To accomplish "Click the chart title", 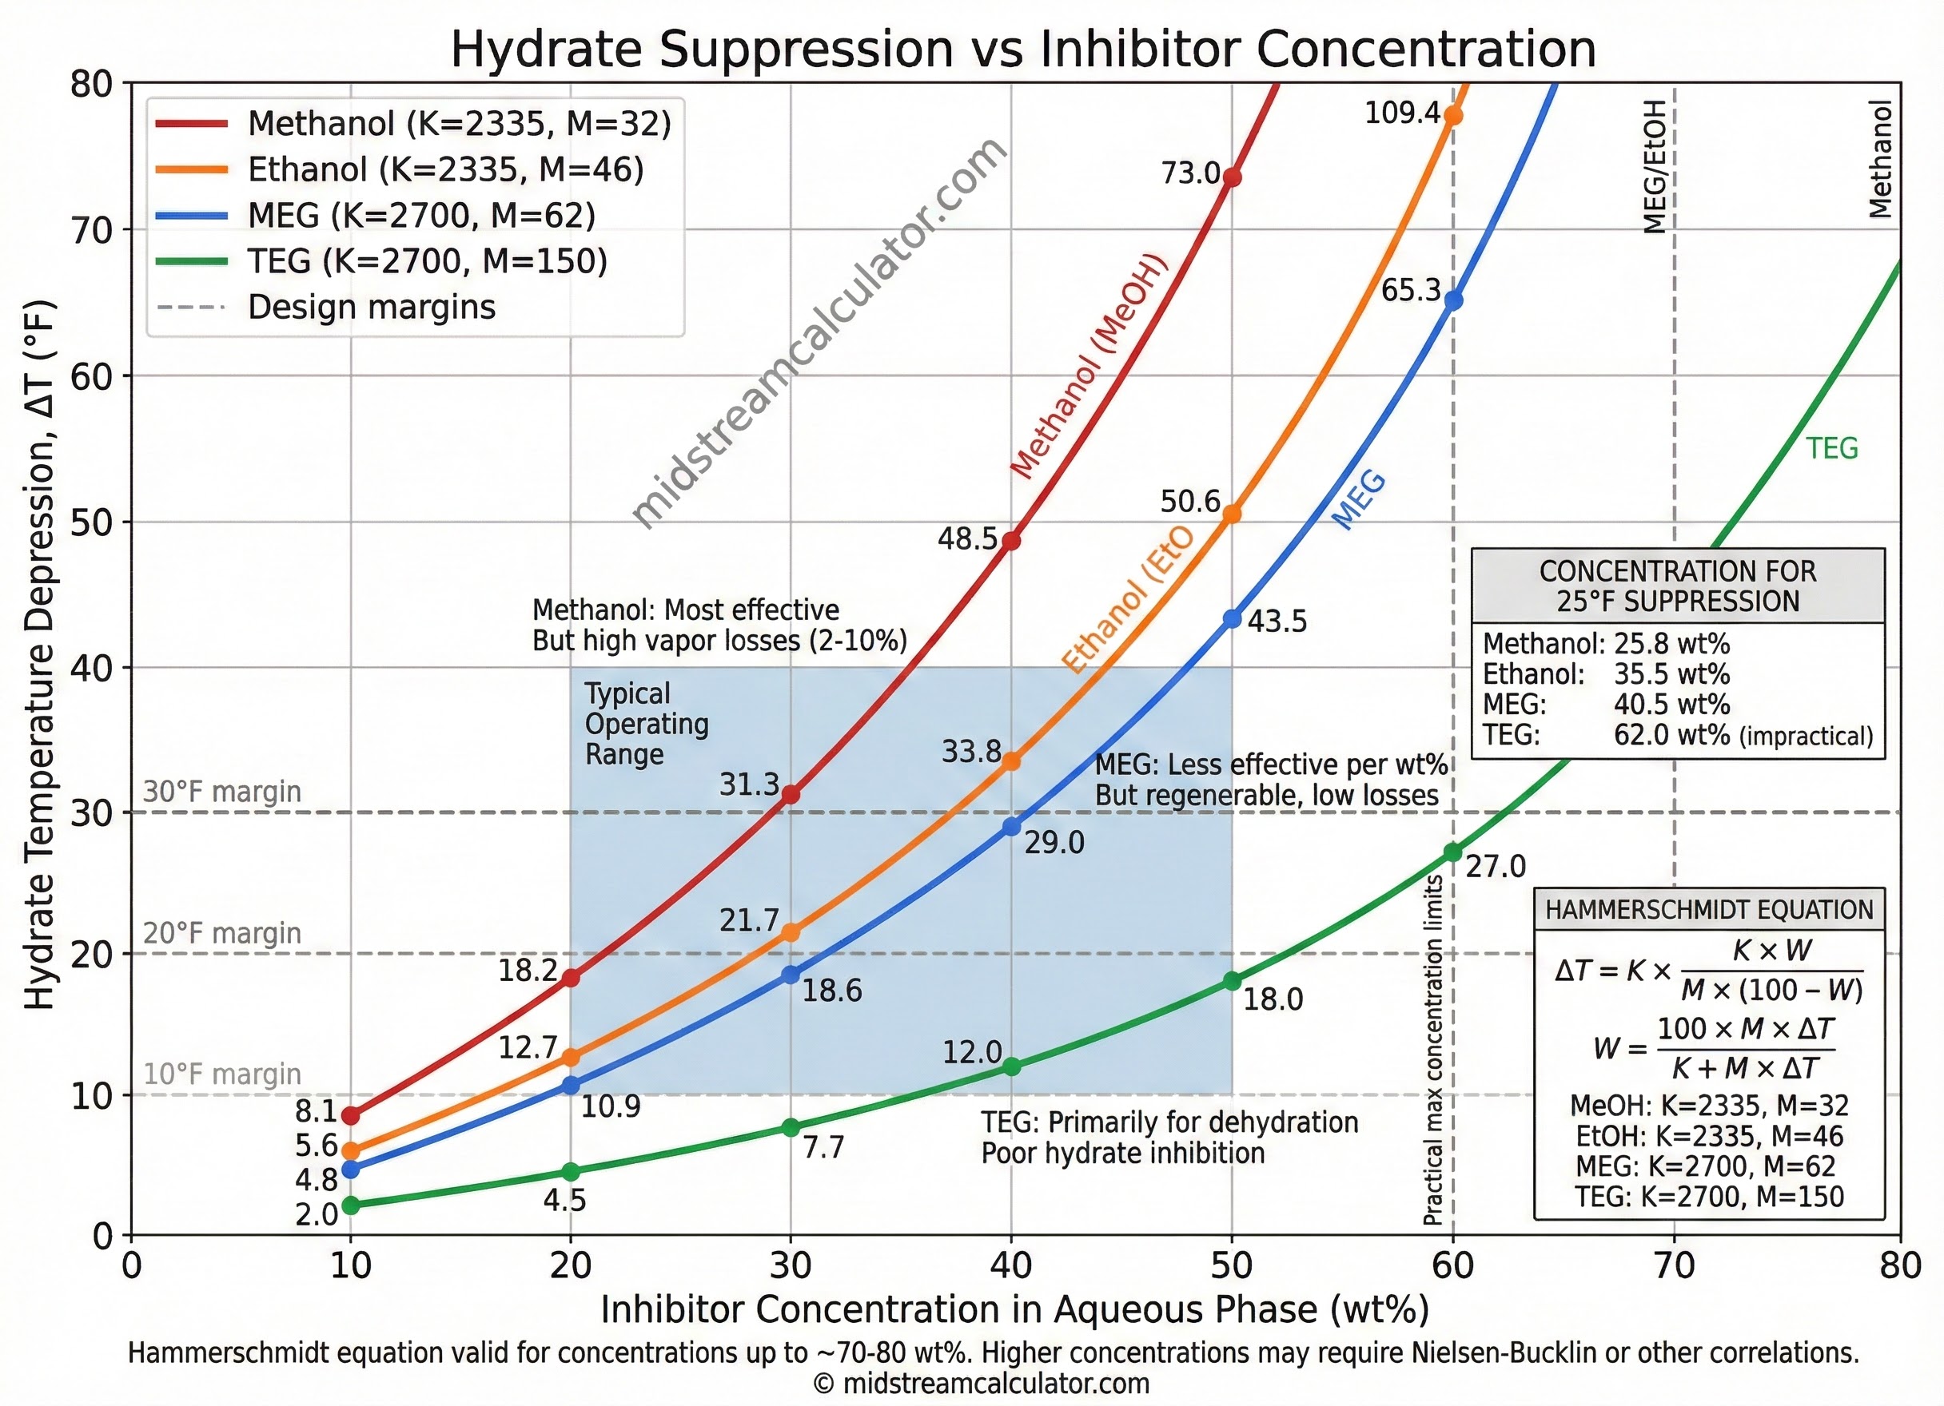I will [1023, 49].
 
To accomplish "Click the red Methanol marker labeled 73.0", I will [1232, 177].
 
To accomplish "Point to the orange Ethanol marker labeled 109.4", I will [1453, 116].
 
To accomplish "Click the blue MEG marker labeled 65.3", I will [1453, 300].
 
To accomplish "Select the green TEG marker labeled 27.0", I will [1453, 852].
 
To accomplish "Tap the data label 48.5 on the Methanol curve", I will [967, 539].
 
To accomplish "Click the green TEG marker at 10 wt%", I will [351, 1205].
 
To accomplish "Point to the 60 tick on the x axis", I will [1453, 1265].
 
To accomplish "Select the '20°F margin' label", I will [222, 933].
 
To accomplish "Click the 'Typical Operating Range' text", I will [647, 724].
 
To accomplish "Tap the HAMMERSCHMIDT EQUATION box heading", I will [1709, 910].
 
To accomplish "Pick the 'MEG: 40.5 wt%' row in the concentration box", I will [1607, 705].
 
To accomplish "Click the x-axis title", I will [1015, 1310].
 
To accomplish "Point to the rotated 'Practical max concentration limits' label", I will [1432, 1050].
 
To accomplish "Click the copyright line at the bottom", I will [981, 1384].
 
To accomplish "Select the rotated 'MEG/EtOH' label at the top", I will [1655, 166].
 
